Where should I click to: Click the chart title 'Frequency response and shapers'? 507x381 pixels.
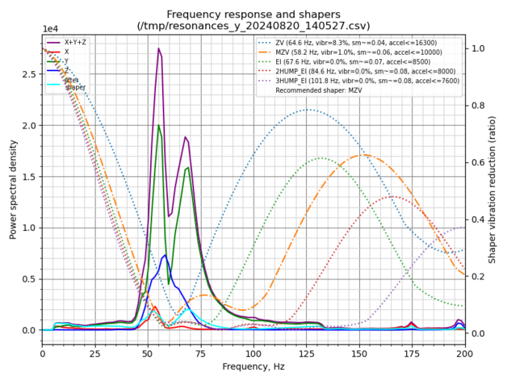[253, 14]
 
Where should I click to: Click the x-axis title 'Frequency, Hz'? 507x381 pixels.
[253, 366]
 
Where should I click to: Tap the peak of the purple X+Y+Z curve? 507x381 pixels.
[159, 48]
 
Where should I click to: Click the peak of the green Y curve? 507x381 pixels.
[159, 125]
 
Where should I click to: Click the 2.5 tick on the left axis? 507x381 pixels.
[30, 74]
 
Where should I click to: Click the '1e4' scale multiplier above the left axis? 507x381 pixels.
[51, 30]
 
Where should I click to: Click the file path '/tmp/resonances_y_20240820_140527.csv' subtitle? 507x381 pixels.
[253, 26]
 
